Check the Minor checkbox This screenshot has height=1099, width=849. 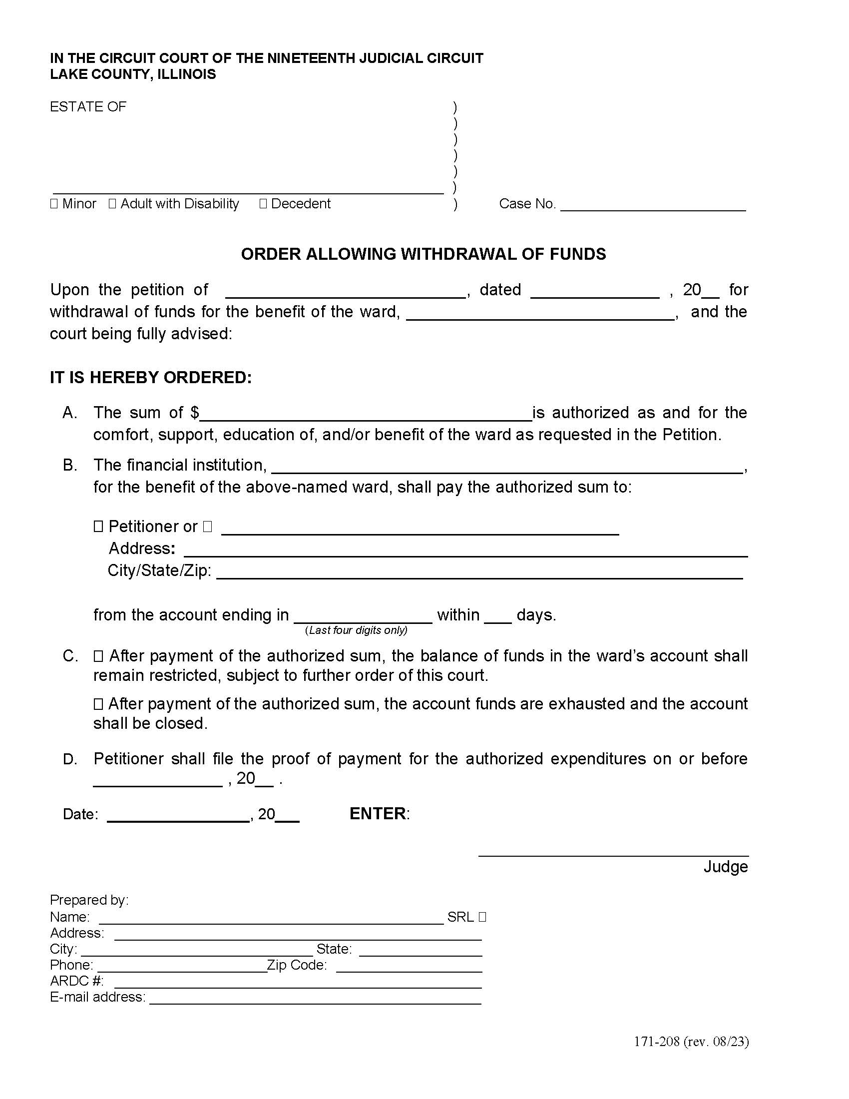54,204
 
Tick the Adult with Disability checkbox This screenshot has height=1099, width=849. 112,204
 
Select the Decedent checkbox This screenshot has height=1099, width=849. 263,204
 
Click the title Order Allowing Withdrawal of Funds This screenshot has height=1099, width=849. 424,254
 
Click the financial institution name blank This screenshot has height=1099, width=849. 507,467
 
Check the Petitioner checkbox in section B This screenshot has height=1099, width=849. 98,527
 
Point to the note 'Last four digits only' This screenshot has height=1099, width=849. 356,630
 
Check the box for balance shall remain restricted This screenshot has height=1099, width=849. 98,656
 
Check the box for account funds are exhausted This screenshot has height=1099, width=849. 98,704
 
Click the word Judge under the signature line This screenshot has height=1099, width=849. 725,867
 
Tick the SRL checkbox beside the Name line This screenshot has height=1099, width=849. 482,917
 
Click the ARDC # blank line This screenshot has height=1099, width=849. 298,983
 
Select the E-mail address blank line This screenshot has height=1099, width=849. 315,999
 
